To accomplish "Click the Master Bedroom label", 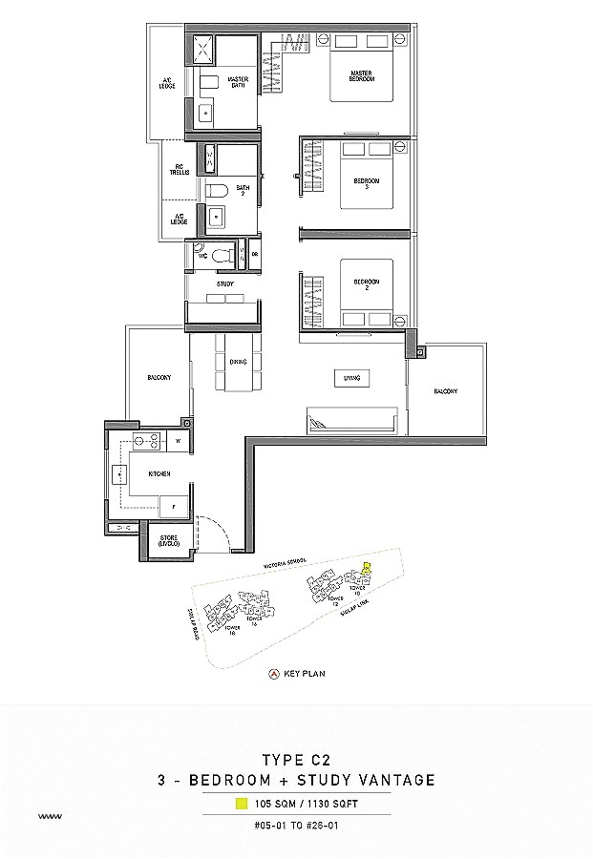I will (x=360, y=75).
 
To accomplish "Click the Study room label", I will (x=225, y=283).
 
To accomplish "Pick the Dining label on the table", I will (x=238, y=362).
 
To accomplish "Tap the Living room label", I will (x=351, y=379).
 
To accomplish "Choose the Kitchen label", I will (x=159, y=473).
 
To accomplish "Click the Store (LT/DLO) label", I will (x=169, y=541).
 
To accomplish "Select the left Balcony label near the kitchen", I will (x=159, y=378).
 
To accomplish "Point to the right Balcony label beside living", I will (x=445, y=391).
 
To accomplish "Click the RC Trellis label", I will (x=179, y=170).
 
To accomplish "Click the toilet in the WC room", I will (x=223, y=256).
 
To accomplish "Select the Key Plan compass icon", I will (x=274, y=673).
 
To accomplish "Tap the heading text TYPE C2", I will (x=295, y=762).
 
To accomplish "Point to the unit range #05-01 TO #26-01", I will (x=296, y=822).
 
